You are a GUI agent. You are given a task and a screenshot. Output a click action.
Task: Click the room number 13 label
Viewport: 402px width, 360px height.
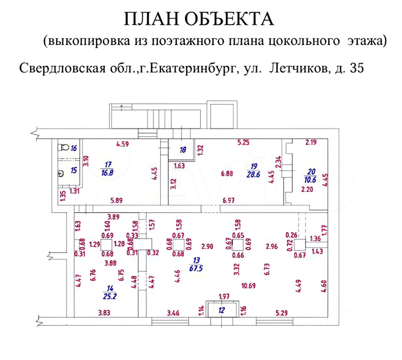click(x=197, y=260)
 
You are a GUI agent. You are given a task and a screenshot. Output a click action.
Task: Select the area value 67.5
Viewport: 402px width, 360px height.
click(x=196, y=268)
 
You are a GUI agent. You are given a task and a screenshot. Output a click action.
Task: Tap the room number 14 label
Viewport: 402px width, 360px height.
click(x=110, y=288)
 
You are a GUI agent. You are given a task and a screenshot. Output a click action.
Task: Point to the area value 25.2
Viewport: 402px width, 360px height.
click(x=110, y=296)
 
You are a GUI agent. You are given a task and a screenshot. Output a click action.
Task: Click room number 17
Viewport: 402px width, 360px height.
click(x=108, y=164)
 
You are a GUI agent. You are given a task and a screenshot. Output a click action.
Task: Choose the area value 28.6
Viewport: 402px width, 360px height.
click(x=253, y=174)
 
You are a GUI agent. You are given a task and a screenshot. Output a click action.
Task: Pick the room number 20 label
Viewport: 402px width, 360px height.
click(x=311, y=172)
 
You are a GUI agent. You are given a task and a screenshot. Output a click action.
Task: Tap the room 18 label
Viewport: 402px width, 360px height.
click(x=183, y=150)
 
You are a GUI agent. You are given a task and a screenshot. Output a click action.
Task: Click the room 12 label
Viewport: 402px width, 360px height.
click(x=222, y=310)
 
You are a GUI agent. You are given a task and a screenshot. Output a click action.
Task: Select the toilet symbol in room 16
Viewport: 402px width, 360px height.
click(x=64, y=147)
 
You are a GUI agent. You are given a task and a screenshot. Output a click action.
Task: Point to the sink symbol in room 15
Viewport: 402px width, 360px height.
click(x=61, y=173)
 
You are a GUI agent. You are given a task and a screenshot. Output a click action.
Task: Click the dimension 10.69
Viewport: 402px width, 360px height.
click(x=248, y=286)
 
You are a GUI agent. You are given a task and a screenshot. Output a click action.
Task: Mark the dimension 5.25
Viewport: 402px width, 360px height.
click(x=243, y=142)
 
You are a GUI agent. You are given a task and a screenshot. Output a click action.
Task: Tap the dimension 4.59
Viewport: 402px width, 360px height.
click(x=122, y=144)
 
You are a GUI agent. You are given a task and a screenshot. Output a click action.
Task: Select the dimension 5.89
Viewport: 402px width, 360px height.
click(x=116, y=200)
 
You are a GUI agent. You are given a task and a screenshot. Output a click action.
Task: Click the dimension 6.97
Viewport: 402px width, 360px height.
click(x=228, y=200)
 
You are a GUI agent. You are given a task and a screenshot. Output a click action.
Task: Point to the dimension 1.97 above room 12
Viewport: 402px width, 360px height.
click(x=224, y=296)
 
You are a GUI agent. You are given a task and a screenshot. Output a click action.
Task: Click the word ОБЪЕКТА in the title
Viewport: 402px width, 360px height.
click(x=229, y=19)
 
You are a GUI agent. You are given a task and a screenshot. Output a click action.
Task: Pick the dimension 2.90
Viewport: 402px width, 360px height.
click(x=207, y=246)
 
